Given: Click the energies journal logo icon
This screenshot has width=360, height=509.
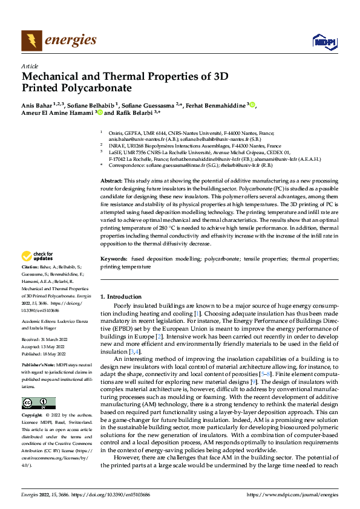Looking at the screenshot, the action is pyautogui.click(x=31, y=41).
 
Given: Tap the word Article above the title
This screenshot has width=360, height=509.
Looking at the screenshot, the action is pyautogui.click(x=30, y=66).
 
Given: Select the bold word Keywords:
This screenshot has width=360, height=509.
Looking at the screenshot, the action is pyautogui.click(x=113, y=276).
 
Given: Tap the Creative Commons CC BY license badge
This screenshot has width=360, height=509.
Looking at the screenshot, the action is pyautogui.click(x=38, y=403).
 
